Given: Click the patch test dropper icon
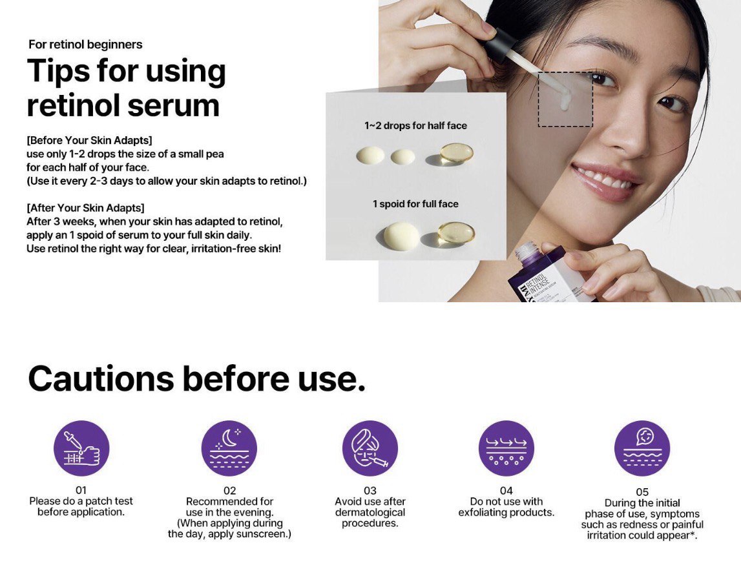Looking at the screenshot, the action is pyautogui.click(x=81, y=448).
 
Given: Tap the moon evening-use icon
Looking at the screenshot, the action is pyautogui.click(x=229, y=448).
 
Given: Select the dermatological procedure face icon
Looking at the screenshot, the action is pyautogui.click(x=370, y=448).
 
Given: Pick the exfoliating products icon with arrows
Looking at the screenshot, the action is pyautogui.click(x=506, y=448).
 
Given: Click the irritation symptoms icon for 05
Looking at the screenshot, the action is pyautogui.click(x=642, y=448).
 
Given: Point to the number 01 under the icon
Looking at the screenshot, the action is pyautogui.click(x=81, y=491).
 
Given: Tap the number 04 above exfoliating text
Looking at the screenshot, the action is pyautogui.click(x=506, y=491).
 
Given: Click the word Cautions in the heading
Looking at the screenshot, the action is pyautogui.click(x=101, y=379).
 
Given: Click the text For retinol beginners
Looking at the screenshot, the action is pyautogui.click(x=85, y=45).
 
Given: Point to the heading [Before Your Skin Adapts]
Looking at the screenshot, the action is pyautogui.click(x=89, y=140).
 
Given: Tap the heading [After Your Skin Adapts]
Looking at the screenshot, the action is pyautogui.click(x=85, y=208).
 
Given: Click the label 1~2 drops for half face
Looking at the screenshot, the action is pyautogui.click(x=415, y=126).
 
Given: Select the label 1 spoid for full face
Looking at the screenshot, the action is pyautogui.click(x=415, y=204).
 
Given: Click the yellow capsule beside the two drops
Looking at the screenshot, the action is pyautogui.click(x=456, y=153).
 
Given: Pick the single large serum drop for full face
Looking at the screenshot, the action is pyautogui.click(x=401, y=236).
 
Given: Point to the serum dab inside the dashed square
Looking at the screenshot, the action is pyautogui.click(x=564, y=101).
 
